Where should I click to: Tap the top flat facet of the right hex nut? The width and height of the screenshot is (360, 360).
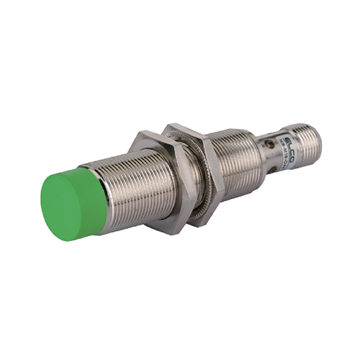[184, 130]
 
